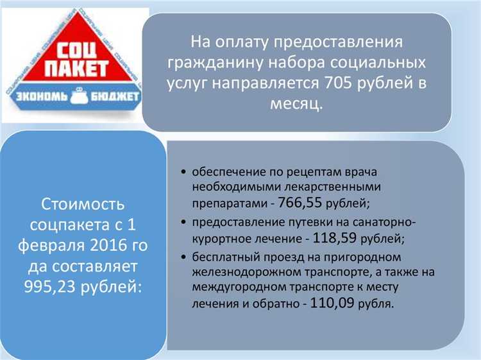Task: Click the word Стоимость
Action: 82,205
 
